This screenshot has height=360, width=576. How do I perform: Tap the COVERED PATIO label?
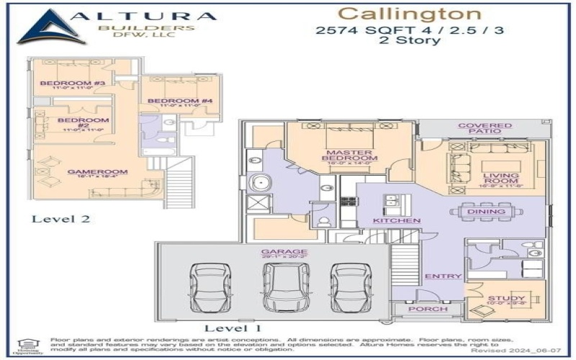pyautogui.click(x=485, y=129)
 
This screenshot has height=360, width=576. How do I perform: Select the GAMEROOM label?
pyautogui.click(x=87, y=172)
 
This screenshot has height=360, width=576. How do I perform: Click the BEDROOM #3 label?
pyautogui.click(x=63, y=84)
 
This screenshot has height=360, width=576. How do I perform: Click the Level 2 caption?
pyautogui.click(x=60, y=219)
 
